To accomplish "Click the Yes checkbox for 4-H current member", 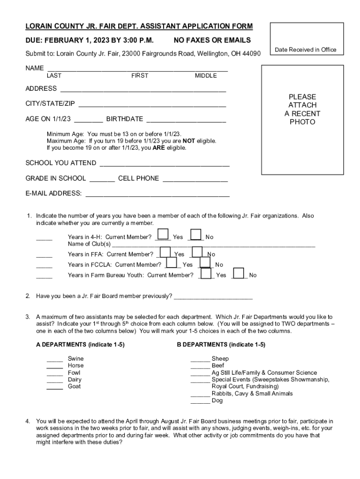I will point(163,234).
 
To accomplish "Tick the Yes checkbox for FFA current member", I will point(165,252).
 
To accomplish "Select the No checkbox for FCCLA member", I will point(205,262).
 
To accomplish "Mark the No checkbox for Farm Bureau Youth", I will point(238,273).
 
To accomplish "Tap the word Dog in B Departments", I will point(217,400).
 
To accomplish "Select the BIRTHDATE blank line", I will point(186,121).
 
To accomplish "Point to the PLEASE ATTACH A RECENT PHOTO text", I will point(302,109).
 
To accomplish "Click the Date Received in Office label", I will point(305,50).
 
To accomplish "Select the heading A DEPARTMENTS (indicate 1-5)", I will point(80,345).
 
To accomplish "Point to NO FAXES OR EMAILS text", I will point(212,40).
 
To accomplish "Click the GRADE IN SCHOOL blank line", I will point(102,181).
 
